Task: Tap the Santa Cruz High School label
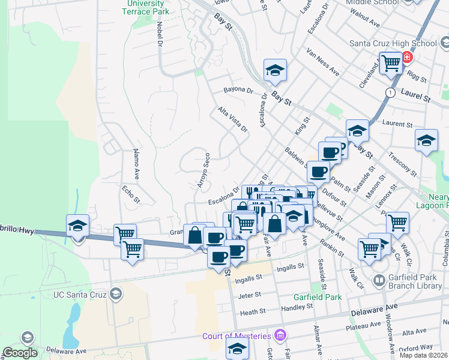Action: click(393, 43)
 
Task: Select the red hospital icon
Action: click(408, 58)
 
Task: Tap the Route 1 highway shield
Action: click(391, 92)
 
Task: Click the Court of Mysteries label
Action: click(236, 335)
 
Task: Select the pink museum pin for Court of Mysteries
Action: click(278, 335)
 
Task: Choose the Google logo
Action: click(20, 353)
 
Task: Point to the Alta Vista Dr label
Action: click(233, 119)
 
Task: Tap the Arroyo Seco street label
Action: click(204, 170)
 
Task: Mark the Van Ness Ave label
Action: click(323, 62)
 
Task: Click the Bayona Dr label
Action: click(239, 91)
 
